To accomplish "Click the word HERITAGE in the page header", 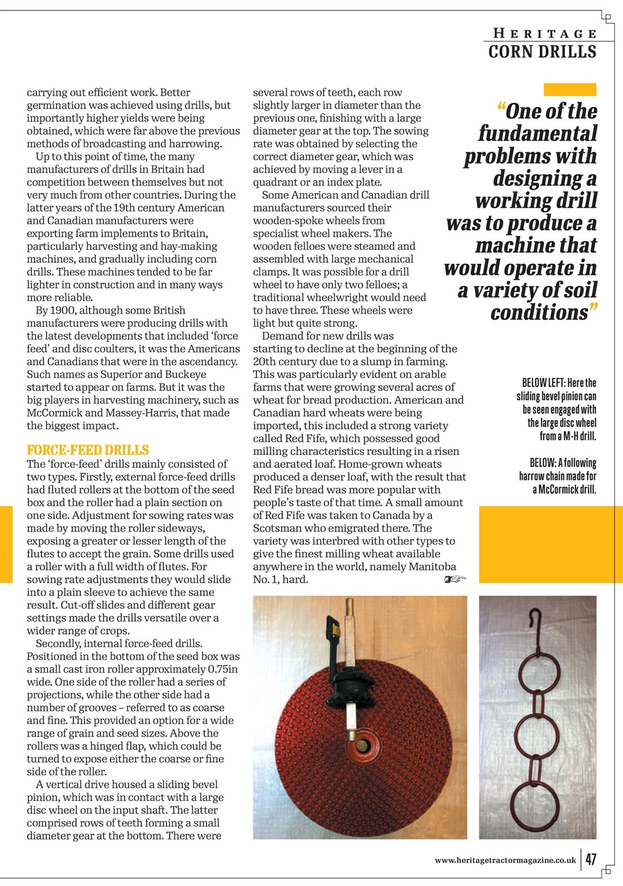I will click(545, 33).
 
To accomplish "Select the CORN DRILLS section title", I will click(542, 52).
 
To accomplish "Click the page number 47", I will click(591, 859).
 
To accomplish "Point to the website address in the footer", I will click(505, 860).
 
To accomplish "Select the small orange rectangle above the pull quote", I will click(570, 89).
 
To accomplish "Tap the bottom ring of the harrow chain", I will click(537, 803).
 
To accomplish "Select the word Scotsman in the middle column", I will click(280, 528).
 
